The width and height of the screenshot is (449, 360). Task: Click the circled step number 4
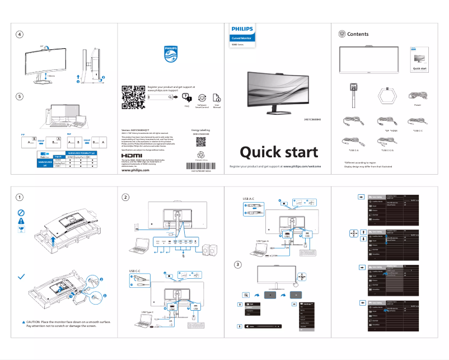coord(20,35)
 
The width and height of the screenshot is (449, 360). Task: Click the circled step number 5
coord(20,96)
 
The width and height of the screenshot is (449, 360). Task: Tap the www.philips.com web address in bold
coord(136,170)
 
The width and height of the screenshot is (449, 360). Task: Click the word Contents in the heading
coord(358,34)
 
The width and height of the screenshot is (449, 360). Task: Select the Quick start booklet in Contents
coord(419,60)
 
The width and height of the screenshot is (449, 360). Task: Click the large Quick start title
coord(279,152)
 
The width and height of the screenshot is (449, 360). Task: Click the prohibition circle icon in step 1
coord(21,213)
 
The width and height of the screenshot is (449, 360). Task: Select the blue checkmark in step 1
coord(21,277)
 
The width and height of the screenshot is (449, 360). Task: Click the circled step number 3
coord(238,264)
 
